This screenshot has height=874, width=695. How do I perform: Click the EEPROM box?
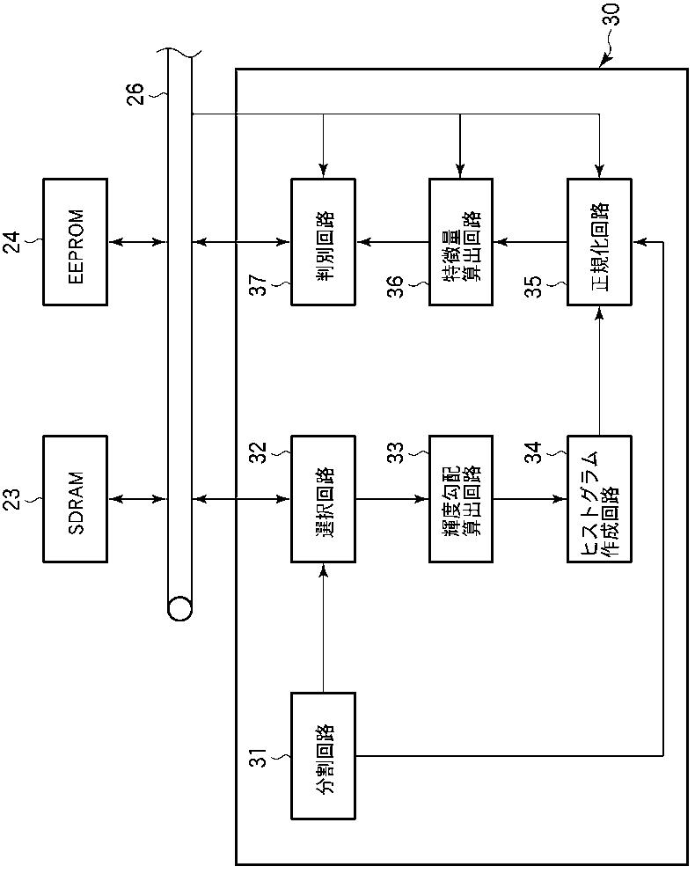pos(76,242)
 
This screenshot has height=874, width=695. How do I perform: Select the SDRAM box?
pos(76,499)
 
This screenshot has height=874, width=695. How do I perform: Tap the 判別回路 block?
pos(323,242)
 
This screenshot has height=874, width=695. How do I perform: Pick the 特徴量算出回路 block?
pos(461,242)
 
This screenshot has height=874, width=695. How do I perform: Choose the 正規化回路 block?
pos(599,242)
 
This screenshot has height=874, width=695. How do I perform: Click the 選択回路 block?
pos(323,499)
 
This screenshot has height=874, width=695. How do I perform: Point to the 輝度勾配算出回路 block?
pos(461,499)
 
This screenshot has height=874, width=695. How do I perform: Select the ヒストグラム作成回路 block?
pos(599,499)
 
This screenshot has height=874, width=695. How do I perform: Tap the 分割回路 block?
pos(323,756)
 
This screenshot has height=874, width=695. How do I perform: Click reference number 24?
pos(12,242)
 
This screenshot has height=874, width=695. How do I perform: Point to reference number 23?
pos(12,499)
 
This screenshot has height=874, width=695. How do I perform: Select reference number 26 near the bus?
pos(136,93)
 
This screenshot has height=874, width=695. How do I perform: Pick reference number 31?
pos(260,756)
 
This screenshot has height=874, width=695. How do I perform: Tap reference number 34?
pos(535,452)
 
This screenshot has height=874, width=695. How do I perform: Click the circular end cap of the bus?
pos(179,609)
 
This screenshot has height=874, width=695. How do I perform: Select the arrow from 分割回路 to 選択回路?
pos(323,628)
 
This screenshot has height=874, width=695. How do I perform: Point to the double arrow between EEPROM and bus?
pos(137,242)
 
